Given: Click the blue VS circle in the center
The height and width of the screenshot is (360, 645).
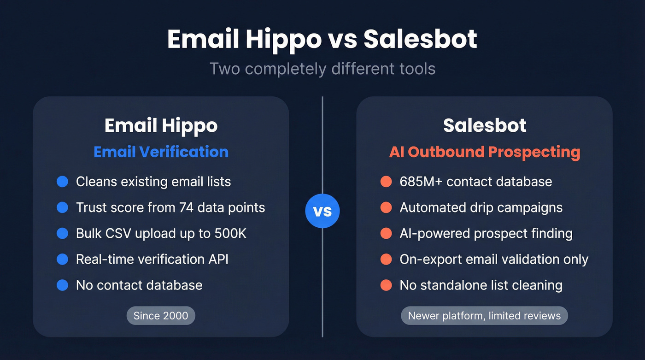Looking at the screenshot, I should click(x=322, y=211).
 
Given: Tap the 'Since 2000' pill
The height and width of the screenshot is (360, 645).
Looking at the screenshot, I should click(x=161, y=316).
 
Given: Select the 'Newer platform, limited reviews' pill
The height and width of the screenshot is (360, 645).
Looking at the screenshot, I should click(x=484, y=316).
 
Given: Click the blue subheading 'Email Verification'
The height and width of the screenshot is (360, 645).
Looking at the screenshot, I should click(x=161, y=152).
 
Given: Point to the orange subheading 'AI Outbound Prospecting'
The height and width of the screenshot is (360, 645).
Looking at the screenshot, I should click(x=484, y=152).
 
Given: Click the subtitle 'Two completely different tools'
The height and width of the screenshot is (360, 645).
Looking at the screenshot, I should click(x=322, y=69).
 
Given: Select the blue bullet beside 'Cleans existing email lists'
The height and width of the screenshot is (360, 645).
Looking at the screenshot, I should click(x=62, y=182).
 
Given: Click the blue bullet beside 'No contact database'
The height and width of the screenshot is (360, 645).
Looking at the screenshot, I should click(x=62, y=285).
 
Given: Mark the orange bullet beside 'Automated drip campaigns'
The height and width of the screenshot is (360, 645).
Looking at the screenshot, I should click(x=386, y=207).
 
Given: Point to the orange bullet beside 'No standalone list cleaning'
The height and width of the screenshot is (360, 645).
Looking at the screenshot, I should click(x=386, y=285).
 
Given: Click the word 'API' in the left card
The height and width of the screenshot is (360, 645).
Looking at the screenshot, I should click(x=218, y=259).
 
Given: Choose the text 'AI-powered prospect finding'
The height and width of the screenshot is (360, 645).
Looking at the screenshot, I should click(x=486, y=233).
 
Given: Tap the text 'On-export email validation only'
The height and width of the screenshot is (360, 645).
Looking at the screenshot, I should click(x=494, y=259).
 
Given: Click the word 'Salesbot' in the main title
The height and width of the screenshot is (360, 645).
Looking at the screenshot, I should click(x=420, y=40).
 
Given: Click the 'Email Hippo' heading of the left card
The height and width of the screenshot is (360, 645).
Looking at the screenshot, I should click(x=161, y=125).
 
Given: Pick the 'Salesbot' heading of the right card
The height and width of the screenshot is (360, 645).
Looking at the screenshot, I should click(x=484, y=125).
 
